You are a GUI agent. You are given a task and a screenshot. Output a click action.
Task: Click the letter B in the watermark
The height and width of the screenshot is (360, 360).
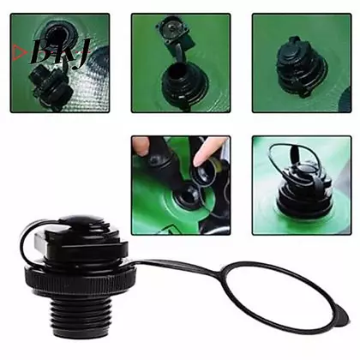point(41,52)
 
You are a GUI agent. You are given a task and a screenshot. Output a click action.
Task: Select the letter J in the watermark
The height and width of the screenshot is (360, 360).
point(83,53)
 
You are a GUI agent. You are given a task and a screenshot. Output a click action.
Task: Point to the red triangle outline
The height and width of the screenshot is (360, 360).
point(20,52)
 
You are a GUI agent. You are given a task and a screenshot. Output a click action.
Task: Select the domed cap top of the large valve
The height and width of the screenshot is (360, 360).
point(82,220)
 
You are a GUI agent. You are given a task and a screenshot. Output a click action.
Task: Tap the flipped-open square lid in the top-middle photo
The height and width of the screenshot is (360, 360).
point(176,31)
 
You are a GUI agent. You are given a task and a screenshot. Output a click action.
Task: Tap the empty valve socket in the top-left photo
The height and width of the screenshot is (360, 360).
point(57,33)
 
